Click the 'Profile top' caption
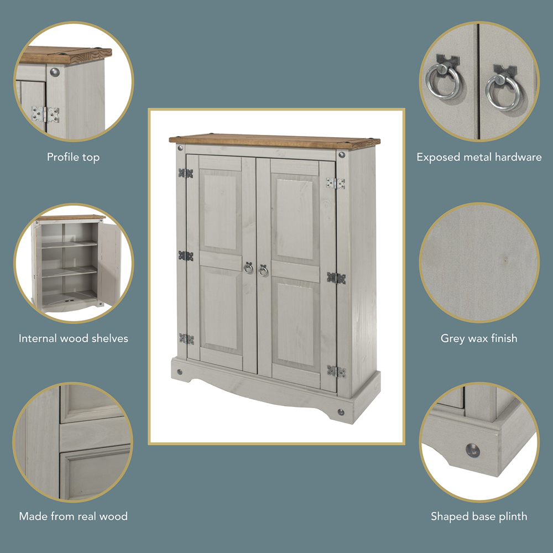click(x=73, y=158)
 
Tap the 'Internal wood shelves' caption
click(x=73, y=338)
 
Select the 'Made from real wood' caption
click(x=73, y=517)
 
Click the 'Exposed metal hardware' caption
click(x=479, y=158)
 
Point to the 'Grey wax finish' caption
click(x=479, y=338)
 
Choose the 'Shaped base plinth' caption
click(x=479, y=517)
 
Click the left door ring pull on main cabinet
click(x=248, y=269)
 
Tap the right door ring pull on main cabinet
click(x=263, y=270)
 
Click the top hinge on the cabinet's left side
click(x=185, y=173)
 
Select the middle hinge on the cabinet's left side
click(x=185, y=256)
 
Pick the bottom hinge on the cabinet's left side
click(x=185, y=338)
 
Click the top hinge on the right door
click(x=335, y=183)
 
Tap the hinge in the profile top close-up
click(x=45, y=114)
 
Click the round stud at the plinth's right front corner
click(x=340, y=412)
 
